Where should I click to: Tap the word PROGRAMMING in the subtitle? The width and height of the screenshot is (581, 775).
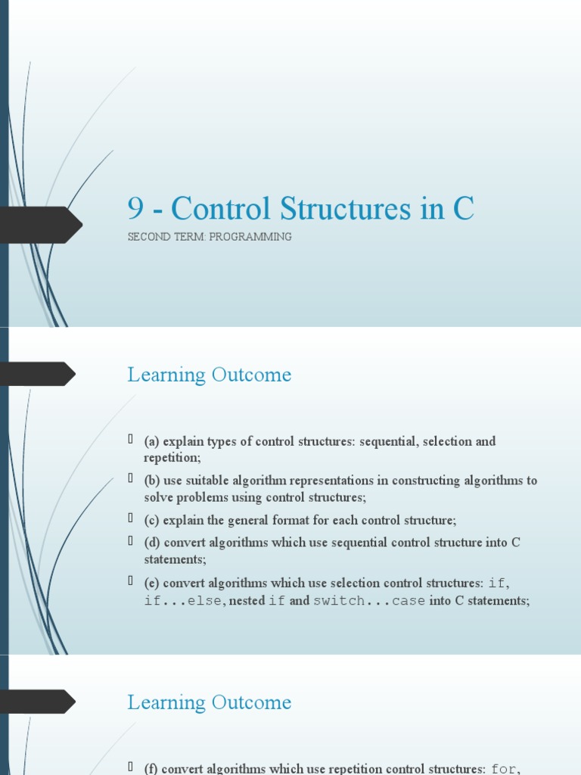pos(250,237)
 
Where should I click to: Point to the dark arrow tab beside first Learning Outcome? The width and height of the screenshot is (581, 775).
pos(38,374)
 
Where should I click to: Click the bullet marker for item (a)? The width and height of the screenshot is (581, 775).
pos(131,440)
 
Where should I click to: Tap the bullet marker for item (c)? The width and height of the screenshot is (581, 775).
pos(131,519)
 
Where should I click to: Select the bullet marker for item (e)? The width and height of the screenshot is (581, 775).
pos(131,582)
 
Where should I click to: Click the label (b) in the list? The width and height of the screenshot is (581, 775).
pos(152,481)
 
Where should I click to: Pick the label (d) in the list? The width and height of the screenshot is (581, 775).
pos(152,543)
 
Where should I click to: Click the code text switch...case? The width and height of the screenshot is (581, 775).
pos(369,601)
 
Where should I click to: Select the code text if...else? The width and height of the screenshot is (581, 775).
pos(183,601)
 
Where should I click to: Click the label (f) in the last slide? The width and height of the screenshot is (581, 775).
pos(151,770)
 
